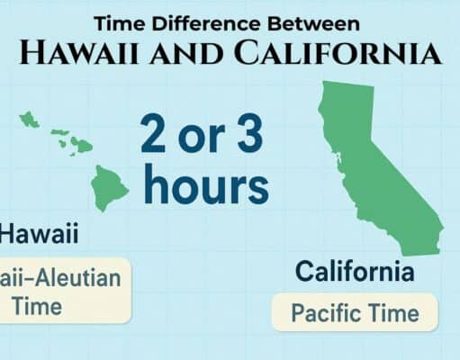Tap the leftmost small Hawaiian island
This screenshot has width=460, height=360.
pyautogui.click(x=30, y=119)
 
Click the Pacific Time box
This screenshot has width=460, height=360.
pyautogui.click(x=355, y=313)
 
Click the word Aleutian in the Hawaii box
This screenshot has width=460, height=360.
pyautogui.click(x=81, y=278)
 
